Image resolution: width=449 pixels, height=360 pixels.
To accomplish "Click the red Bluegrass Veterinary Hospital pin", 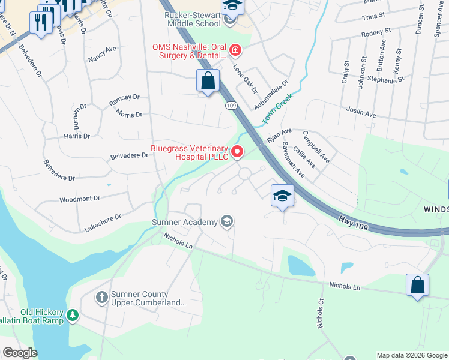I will tap(238, 152).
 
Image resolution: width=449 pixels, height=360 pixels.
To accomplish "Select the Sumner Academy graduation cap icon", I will tap(226, 222).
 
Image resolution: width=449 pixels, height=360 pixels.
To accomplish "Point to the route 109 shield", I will tap(231, 106).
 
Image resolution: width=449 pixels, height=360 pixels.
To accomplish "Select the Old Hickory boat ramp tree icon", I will tap(73, 314).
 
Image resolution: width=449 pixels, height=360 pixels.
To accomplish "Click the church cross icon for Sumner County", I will tap(102, 296).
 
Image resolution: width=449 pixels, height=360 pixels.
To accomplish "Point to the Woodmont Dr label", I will tap(79, 199).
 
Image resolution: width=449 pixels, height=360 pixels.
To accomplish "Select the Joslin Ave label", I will tap(361, 112).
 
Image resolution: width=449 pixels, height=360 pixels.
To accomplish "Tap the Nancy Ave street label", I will tap(101, 55).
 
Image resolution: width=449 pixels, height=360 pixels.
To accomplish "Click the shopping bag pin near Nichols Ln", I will tap(417, 286).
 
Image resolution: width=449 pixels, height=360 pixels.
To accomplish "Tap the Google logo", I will tap(20, 353).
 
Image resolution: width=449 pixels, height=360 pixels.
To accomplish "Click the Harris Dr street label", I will tap(77, 136).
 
